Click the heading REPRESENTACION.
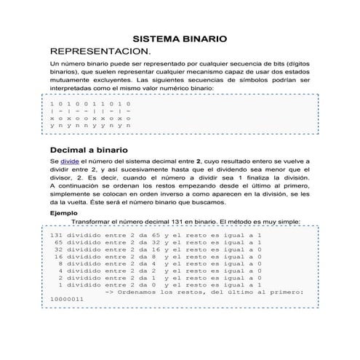(100, 52)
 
